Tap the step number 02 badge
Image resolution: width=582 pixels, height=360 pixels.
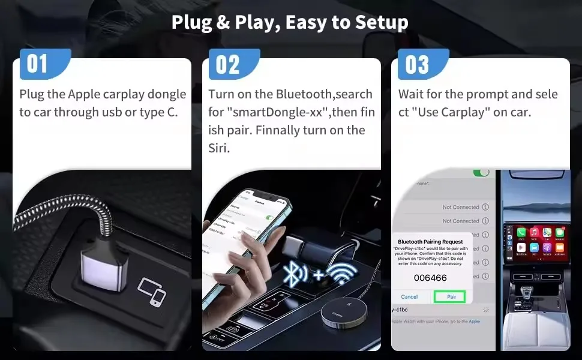(229, 64)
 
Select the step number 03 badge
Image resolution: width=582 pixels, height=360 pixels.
(419, 64)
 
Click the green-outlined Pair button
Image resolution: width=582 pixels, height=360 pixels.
(451, 296)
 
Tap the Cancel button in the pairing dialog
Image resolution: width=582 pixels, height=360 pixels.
(409, 296)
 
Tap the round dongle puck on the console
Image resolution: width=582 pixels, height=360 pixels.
(337, 313)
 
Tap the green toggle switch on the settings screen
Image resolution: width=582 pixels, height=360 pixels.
(481, 172)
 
